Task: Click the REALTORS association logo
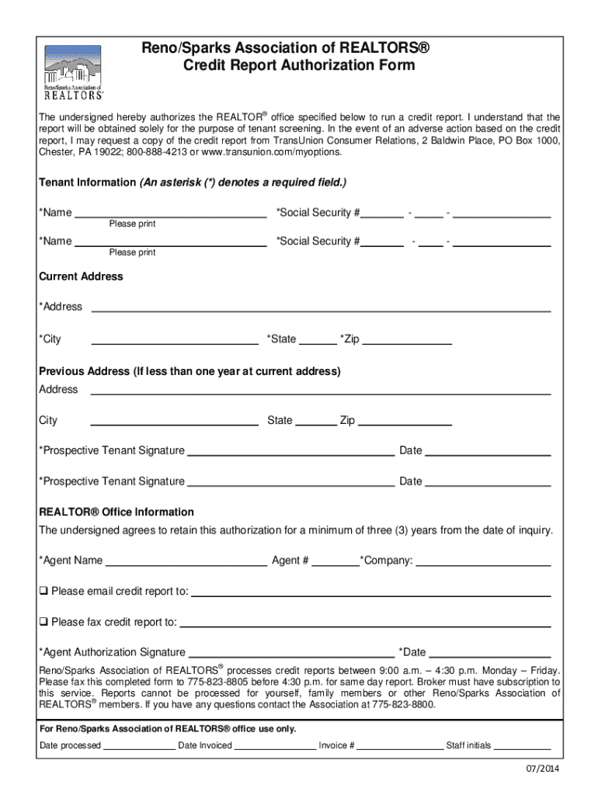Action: (72, 72)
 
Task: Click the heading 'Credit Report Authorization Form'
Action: (298, 65)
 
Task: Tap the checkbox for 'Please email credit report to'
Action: (44, 591)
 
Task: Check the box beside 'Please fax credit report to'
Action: (44, 622)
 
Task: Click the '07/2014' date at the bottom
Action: (542, 769)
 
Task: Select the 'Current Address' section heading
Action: (81, 276)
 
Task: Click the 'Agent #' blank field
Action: (336, 561)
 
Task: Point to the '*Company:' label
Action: (387, 561)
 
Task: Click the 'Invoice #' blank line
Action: (399, 746)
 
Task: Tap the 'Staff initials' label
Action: (468, 745)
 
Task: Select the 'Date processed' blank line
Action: (139, 746)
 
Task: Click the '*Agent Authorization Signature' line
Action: (291, 653)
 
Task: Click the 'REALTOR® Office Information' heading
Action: (116, 512)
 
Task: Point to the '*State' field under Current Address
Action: (318, 339)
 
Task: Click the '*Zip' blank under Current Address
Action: (407, 339)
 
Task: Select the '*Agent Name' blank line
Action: (186, 561)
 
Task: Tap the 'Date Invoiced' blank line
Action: (275, 746)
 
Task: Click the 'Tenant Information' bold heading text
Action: (87, 182)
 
